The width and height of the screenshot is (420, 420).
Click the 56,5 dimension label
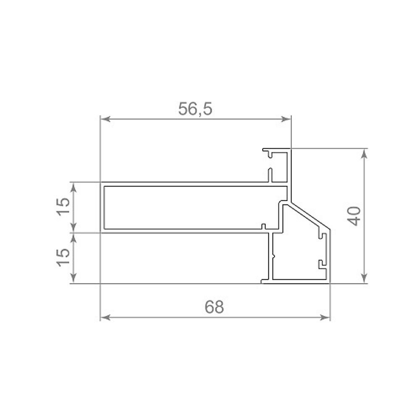195,109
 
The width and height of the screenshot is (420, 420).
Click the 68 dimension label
214,307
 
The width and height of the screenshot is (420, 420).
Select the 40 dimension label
354,216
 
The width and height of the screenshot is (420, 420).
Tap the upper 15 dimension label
63,207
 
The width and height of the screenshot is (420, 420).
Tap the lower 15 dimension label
63,258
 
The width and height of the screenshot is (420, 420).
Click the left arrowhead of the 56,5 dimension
105,119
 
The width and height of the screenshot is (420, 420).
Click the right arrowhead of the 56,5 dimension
286,119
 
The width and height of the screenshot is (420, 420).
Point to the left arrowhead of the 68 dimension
105,318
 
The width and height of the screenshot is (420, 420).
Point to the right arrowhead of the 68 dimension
325,318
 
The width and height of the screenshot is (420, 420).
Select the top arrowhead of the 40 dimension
364,154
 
